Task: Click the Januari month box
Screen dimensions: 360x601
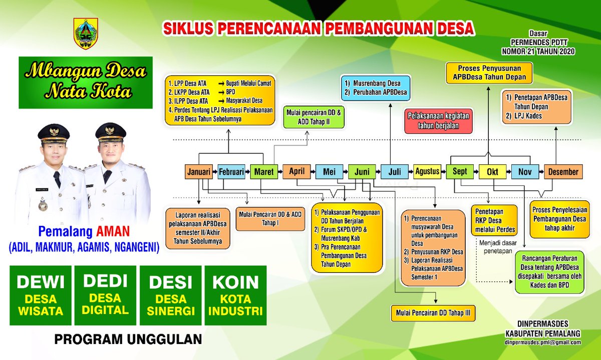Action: [199, 172]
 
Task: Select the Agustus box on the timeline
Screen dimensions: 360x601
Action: [427, 172]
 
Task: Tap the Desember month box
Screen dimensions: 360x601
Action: [563, 172]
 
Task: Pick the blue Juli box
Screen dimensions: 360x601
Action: [395, 172]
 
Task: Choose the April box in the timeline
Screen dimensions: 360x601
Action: [296, 172]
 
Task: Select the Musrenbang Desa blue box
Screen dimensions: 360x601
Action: [376, 87]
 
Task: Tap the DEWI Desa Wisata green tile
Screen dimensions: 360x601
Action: [41, 296]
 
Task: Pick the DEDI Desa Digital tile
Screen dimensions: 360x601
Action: [106, 296]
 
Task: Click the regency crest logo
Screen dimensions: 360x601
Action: [86, 34]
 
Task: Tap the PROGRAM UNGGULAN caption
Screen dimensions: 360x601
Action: [128, 339]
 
